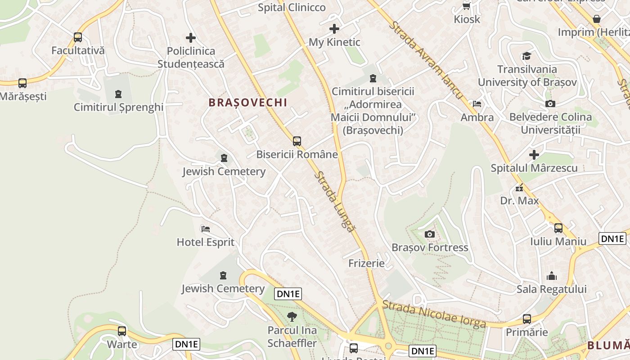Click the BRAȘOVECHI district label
tap(247, 103)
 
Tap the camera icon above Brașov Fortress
tap(429, 234)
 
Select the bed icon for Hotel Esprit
tap(206, 229)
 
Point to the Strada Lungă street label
tap(334, 202)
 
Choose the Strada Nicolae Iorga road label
tap(434, 315)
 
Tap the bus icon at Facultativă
tap(78, 37)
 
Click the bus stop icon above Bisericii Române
tap(297, 141)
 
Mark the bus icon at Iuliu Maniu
tap(558, 228)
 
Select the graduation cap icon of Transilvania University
tap(526, 56)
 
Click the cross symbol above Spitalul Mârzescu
tap(534, 155)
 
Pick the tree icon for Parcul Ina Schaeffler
tap(292, 317)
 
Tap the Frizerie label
tap(366, 263)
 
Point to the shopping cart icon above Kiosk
tap(467, 6)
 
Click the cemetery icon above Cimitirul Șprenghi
tap(118, 94)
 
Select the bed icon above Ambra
tap(477, 104)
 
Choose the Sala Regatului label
tap(551, 289)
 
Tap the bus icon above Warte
tap(121, 331)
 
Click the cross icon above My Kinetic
tap(334, 29)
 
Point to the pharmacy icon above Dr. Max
tap(519, 187)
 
